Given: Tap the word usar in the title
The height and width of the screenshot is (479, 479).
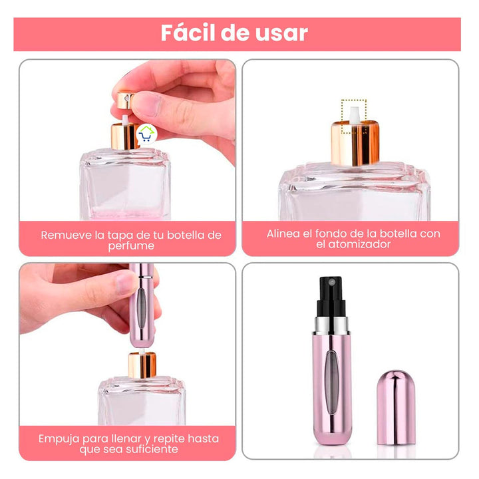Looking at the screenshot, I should [281, 33].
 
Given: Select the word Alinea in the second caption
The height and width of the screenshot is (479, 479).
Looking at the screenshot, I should [284, 234].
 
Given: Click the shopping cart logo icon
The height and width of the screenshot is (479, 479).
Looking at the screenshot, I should [146, 135].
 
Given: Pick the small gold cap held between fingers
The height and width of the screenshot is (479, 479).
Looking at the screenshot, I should [124, 102].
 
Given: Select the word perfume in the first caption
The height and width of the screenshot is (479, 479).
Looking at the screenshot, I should [131, 245].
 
